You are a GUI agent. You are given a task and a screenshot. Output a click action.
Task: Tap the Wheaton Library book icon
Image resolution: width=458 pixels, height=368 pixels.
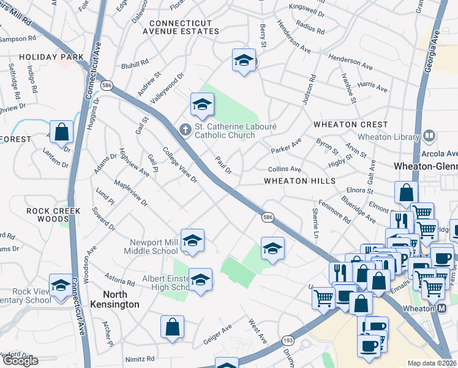tap(429, 136)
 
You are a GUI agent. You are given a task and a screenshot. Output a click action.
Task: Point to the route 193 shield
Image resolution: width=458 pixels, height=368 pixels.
tap(287, 340)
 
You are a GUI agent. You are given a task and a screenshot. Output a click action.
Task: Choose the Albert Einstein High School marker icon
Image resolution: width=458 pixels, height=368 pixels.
tap(200, 280)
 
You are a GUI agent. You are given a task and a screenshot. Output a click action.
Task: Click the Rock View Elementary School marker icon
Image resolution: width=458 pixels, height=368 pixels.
tap(61, 285)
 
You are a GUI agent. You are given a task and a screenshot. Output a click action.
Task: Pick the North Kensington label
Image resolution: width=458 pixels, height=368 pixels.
tap(112, 299)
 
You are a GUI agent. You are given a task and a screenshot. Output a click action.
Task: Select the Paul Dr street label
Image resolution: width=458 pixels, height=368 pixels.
tap(223, 165)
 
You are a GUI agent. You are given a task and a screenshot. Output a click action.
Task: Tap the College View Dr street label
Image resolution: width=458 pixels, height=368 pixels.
tap(179, 166)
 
